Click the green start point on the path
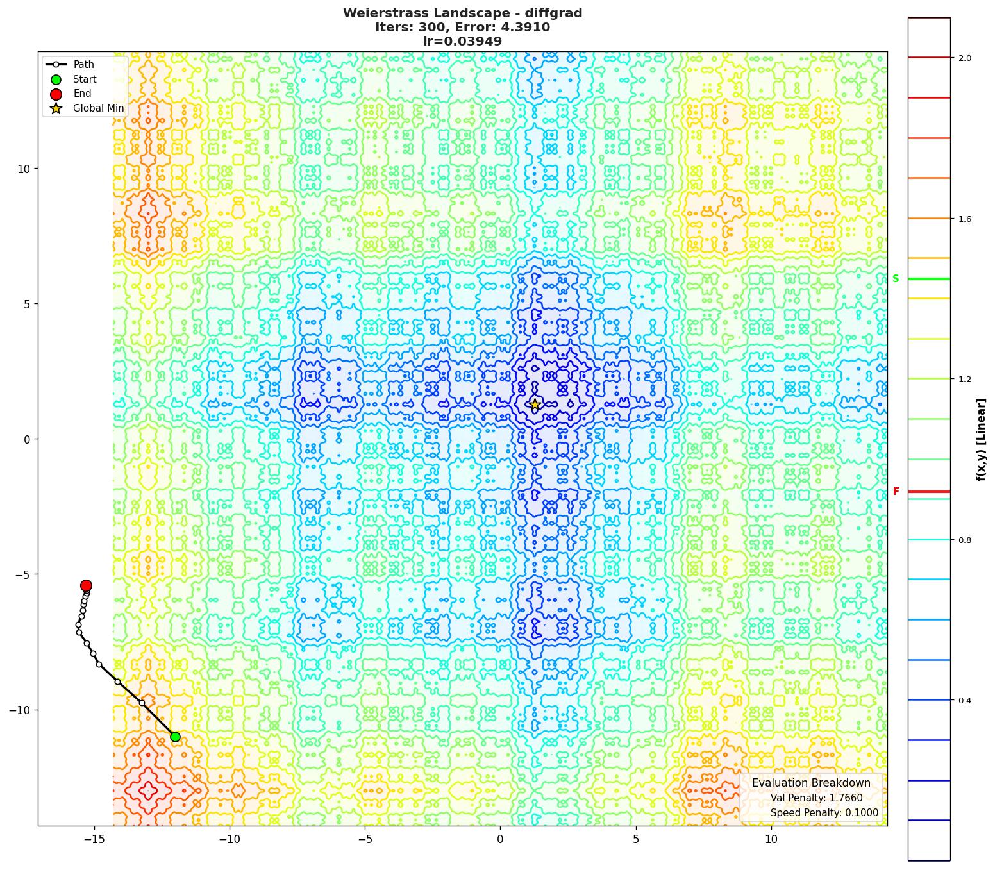175,737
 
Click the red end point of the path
86,585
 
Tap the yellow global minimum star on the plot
535,405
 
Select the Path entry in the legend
83,65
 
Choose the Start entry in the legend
85,79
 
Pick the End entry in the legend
82,94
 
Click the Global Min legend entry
98,108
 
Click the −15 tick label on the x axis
94,839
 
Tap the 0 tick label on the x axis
500,839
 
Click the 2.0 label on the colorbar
964,58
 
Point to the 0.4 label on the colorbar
964,701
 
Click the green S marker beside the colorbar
896,279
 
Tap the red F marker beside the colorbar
896,492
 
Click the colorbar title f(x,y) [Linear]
981,439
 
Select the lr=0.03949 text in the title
462,42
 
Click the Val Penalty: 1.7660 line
816,798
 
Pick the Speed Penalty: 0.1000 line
824,813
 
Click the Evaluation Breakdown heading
811,783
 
